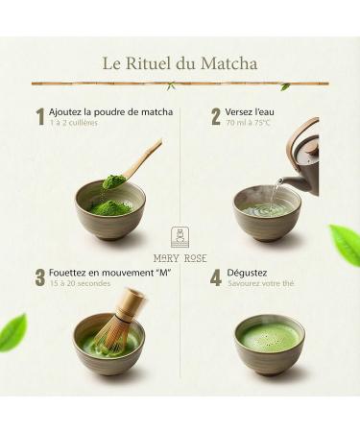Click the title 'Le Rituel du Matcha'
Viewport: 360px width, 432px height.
[180, 64]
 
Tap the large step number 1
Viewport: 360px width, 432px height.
[40, 117]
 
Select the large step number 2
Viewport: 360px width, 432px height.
[216, 117]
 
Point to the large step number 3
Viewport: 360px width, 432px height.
[40, 277]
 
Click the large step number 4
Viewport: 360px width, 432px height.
[216, 277]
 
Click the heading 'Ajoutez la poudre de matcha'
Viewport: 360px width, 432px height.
[111, 112]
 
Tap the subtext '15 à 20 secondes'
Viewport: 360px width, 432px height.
[80, 284]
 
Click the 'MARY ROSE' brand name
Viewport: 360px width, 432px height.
[180, 257]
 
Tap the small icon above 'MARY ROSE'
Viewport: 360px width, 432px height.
[180, 237]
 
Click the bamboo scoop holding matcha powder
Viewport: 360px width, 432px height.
[134, 166]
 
